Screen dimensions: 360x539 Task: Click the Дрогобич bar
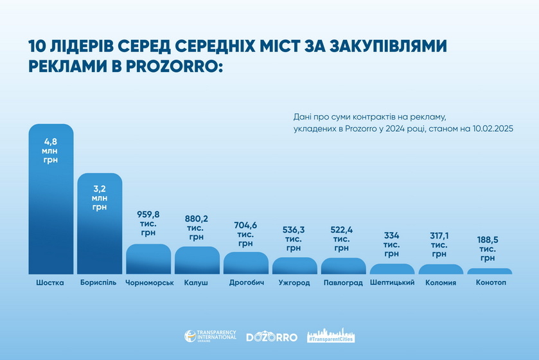(x=246, y=264)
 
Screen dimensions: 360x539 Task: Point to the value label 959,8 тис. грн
(x=148, y=222)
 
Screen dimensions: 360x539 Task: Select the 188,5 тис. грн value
(x=490, y=248)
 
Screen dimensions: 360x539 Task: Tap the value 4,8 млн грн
(x=51, y=149)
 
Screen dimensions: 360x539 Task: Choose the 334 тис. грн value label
(x=392, y=244)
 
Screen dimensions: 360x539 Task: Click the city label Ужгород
(x=295, y=283)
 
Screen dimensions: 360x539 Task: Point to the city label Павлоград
(x=343, y=283)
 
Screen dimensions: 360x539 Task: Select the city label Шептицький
(x=392, y=283)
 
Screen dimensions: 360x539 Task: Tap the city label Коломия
(x=441, y=283)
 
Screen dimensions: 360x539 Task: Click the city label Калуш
(x=197, y=283)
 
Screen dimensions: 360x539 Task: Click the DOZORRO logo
(x=272, y=336)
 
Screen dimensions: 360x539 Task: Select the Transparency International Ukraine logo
(x=210, y=336)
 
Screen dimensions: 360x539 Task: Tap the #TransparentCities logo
(x=331, y=336)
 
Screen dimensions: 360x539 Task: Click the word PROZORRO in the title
(x=169, y=66)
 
